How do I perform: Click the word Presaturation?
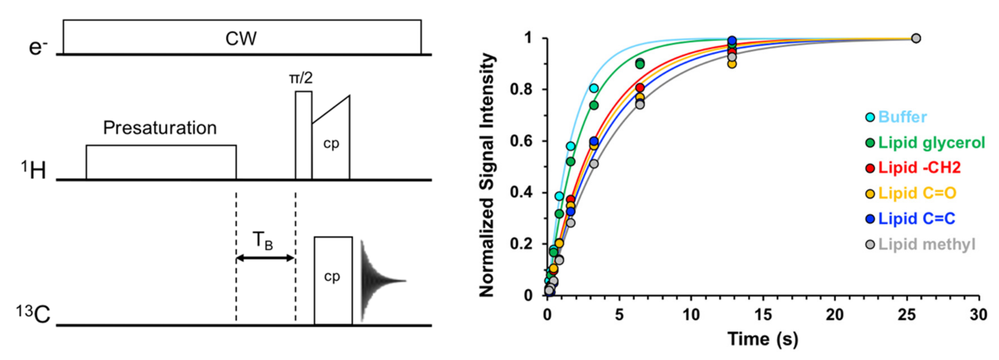pos(160,128)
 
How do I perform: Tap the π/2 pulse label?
pos(301,78)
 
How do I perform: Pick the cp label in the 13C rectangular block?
pos(332,276)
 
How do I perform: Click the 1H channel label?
pos(34,171)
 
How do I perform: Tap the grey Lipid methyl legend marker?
pos(870,245)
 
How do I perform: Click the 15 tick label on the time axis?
pos(763,315)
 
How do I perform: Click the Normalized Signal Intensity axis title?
pos(487,175)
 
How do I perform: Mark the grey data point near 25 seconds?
pos(916,38)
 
